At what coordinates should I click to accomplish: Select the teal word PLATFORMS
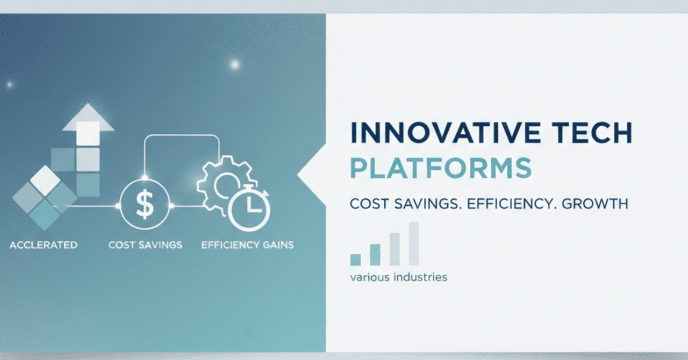pos(441,168)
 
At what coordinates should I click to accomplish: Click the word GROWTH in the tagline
pos(595,204)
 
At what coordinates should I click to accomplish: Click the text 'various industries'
pos(398,277)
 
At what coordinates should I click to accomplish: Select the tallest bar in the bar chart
pos(414,243)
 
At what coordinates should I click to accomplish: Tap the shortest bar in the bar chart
pos(355,260)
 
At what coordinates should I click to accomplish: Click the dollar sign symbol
pos(145,204)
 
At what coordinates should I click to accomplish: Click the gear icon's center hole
pos(227,184)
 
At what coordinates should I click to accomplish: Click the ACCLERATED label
pos(44,245)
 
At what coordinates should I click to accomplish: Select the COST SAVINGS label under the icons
pos(145,245)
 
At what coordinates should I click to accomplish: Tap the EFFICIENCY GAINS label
pos(248,245)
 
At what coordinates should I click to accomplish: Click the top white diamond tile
pos(45,181)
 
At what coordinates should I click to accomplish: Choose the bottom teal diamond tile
pos(45,215)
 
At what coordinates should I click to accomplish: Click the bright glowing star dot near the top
pos(235,64)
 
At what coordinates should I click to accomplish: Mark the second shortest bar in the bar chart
pos(375,255)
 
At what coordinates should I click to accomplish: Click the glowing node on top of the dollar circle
pos(145,177)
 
